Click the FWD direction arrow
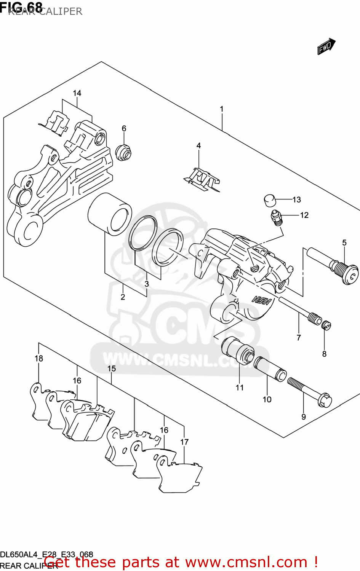326,46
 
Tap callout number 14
77,93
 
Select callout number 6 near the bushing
124,129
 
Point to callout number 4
198,146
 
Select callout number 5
344,243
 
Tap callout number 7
299,337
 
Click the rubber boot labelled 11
238,350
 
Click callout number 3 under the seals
147,284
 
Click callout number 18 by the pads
39,359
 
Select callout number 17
184,442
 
